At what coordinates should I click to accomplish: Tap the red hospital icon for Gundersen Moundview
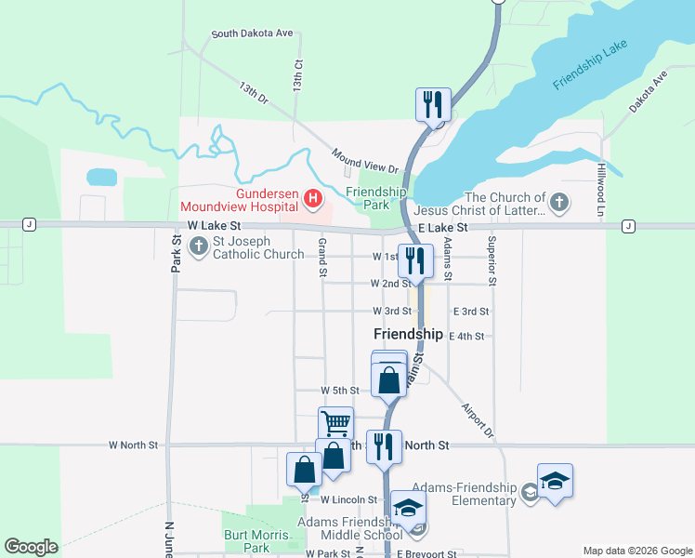(x=313, y=197)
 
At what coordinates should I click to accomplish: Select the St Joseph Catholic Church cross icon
(x=198, y=246)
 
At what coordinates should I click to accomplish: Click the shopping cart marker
(x=335, y=424)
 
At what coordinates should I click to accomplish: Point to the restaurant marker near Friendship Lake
(x=432, y=104)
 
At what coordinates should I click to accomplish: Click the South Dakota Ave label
(x=252, y=33)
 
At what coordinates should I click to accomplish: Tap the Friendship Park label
(x=375, y=197)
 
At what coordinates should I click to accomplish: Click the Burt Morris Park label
(x=246, y=540)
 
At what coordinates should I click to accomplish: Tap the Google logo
(x=31, y=547)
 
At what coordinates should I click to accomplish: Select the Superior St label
(x=492, y=260)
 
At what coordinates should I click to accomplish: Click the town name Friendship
(x=408, y=333)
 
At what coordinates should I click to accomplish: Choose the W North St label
(x=133, y=445)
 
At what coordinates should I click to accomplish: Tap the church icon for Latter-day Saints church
(x=558, y=203)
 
